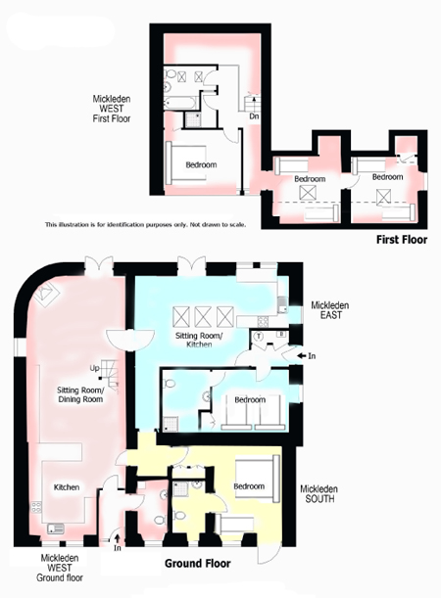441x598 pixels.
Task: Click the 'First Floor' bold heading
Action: tap(402, 240)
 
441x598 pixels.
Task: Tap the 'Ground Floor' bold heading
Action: tap(197, 564)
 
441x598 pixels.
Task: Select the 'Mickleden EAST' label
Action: tap(330, 310)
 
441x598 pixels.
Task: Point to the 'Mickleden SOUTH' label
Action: tap(319, 493)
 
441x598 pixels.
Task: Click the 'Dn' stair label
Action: tap(254, 116)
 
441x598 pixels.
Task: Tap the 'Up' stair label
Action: tap(95, 368)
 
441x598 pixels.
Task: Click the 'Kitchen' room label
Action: tap(67, 487)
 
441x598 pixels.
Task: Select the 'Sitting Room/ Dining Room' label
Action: tap(80, 394)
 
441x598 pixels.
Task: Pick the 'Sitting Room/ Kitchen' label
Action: tap(199, 340)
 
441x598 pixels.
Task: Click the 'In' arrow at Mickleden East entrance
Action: tap(302, 356)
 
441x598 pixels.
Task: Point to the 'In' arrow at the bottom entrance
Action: tap(118, 538)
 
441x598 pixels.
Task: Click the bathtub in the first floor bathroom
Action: tap(181, 102)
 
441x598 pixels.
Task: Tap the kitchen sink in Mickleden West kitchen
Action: tap(56, 529)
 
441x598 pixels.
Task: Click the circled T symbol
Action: tap(260, 337)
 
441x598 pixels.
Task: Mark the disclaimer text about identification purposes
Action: tap(145, 225)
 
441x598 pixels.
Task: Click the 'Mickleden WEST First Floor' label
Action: tap(112, 109)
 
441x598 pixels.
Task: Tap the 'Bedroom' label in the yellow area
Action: tap(249, 486)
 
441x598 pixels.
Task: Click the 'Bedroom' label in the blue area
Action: tap(250, 399)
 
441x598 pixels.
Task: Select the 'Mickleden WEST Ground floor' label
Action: tap(60, 568)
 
